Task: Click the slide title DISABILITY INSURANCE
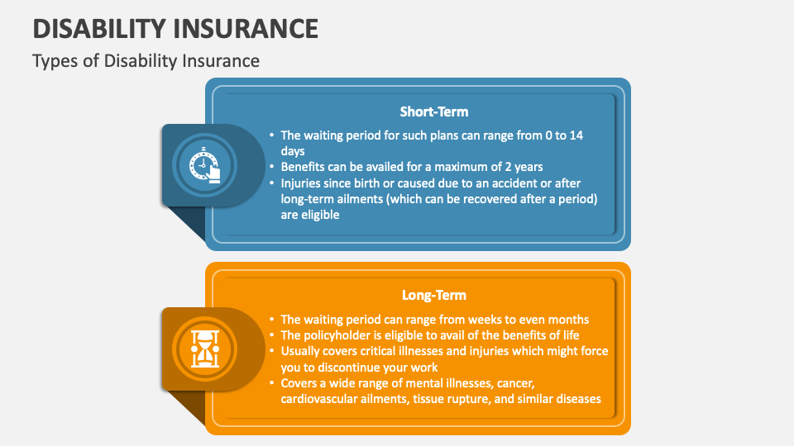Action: click(175, 28)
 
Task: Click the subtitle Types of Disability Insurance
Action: click(146, 61)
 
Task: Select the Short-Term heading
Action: click(434, 111)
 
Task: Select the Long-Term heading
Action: click(434, 295)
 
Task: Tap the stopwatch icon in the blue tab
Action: click(203, 165)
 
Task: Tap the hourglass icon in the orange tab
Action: click(203, 349)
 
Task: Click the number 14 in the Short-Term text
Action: click(576, 135)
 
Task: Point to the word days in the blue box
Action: click(293, 151)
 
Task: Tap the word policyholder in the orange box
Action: click(339, 334)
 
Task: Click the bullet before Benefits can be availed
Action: click(271, 168)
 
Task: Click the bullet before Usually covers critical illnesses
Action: click(271, 351)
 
